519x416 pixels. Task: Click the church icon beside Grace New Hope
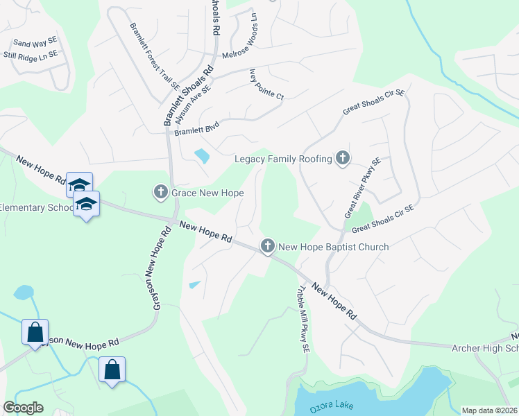[160, 191]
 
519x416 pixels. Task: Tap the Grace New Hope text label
[207, 192]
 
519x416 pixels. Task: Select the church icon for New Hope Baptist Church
[268, 245]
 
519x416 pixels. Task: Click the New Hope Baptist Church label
[333, 246]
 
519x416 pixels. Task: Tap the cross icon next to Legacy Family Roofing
[342, 159]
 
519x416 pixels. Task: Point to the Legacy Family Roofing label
[283, 159]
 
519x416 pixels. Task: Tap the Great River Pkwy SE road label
[361, 188]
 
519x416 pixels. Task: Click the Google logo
[23, 408]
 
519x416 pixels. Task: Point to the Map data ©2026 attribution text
[489, 410]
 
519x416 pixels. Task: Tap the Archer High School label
[485, 347]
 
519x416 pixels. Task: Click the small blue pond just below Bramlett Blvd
[202, 156]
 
